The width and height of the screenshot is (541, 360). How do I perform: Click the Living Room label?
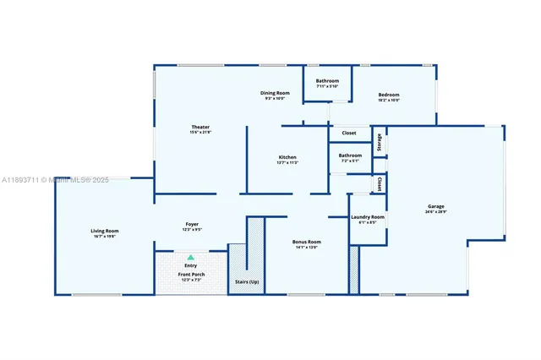[105, 231]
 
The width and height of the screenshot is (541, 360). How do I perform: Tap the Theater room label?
[199, 127]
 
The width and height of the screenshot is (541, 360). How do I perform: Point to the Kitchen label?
[287, 157]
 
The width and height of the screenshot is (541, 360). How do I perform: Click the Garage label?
[435, 207]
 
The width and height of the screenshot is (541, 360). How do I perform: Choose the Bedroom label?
[389, 95]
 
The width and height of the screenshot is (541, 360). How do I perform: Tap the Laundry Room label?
[368, 217]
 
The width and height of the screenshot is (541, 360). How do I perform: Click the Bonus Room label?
[306, 241]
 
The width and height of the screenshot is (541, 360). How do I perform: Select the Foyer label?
[192, 224]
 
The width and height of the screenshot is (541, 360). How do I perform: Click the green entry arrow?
[191, 257]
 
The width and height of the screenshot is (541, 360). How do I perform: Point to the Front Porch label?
[191, 275]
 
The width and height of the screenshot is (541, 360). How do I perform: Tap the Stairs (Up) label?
[248, 281]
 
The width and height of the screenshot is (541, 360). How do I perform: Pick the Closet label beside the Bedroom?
[349, 133]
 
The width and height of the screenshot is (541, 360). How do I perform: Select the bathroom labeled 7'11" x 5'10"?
[327, 81]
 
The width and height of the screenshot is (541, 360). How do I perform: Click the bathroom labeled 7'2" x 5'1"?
[350, 155]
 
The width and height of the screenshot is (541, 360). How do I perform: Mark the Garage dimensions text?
[435, 212]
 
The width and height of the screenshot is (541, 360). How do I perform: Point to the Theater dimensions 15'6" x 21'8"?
[199, 132]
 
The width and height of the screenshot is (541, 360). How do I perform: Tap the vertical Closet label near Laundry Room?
[380, 183]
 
